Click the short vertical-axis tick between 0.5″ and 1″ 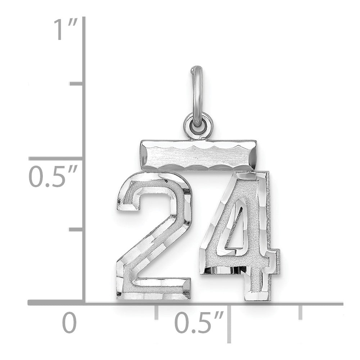coord(77,84)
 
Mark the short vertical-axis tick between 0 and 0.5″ coord(77,229)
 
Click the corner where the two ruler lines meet coord(84,303)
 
